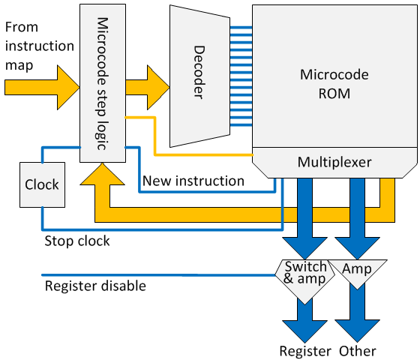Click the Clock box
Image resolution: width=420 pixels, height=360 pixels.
[42, 184]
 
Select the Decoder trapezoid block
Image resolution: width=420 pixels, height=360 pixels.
[199, 76]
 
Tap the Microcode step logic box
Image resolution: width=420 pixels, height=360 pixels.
[103, 83]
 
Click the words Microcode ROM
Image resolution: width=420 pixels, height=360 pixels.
[334, 84]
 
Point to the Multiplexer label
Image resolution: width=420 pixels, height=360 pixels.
[334, 162]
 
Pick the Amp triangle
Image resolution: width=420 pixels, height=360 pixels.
[357, 271]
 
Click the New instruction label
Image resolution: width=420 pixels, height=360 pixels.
[193, 181]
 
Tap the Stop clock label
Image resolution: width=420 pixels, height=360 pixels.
[77, 241]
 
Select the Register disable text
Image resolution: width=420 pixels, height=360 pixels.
[95, 286]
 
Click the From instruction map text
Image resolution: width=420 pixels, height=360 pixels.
[39, 46]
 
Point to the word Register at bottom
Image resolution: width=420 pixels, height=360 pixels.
[305, 351]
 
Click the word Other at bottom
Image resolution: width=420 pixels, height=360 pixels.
[358, 351]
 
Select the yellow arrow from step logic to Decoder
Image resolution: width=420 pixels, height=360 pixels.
[148, 87]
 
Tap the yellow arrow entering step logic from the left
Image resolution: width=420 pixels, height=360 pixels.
[42, 87]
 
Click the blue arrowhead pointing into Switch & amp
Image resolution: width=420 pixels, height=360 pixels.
[304, 248]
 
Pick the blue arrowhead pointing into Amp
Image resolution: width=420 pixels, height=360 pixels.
[357, 248]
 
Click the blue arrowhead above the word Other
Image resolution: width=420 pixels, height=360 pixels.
[357, 331]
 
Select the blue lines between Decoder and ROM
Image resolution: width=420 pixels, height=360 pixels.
[241, 76]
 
